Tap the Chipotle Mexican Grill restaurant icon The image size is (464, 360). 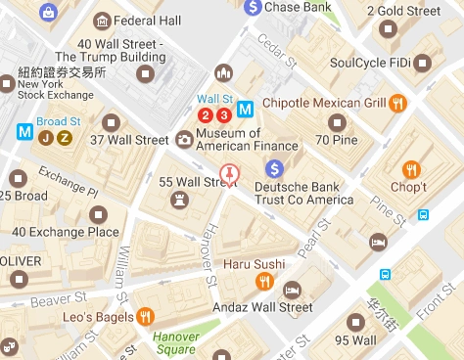tap(397, 103)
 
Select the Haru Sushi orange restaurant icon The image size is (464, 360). tap(263, 282)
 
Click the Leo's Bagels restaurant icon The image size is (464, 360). tap(145, 315)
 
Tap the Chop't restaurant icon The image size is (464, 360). tap(411, 168)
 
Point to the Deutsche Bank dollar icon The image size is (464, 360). tap(275, 169)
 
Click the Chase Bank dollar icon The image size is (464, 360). tap(254, 7)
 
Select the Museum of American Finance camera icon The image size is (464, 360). tap(185, 141)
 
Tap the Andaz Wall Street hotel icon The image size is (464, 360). tap(291, 290)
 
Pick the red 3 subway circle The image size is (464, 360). tap(222, 115)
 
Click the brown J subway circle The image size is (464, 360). tap(45, 138)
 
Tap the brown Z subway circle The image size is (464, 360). tap(64, 138)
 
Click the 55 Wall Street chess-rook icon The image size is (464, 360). tap(179, 200)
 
